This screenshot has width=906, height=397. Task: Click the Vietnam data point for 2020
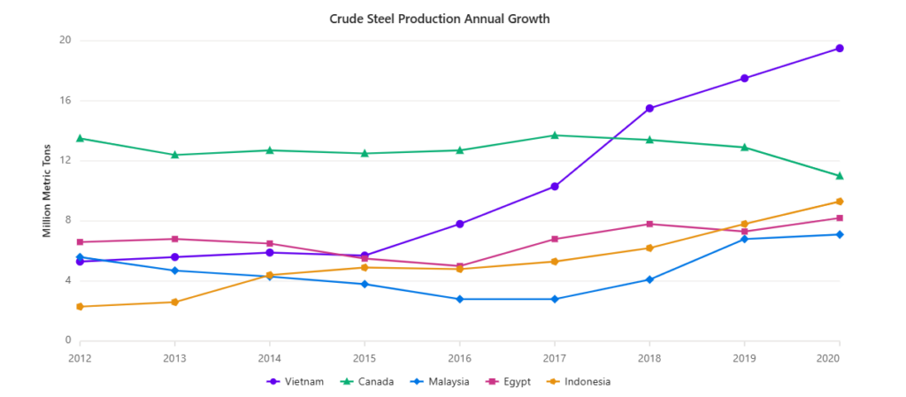click(840, 49)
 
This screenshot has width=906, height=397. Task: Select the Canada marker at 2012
click(80, 138)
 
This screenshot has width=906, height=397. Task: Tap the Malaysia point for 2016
click(460, 299)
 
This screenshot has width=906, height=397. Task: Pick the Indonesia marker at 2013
click(174, 302)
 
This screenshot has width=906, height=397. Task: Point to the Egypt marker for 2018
click(649, 224)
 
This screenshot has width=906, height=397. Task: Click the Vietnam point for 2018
click(649, 109)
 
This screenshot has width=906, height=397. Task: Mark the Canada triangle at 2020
click(840, 176)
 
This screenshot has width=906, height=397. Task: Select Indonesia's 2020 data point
click(840, 202)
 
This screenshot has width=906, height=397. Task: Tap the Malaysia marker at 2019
click(745, 239)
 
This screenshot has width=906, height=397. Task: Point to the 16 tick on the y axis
click(65, 101)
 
